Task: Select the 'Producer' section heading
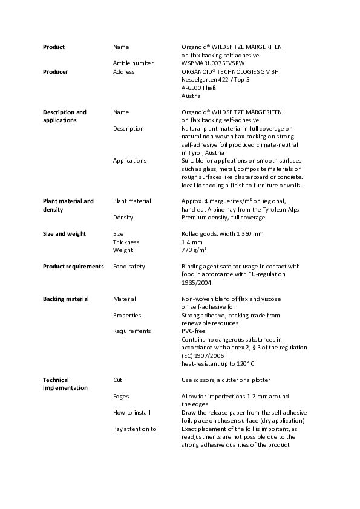point(55,71)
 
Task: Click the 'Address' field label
point(123,71)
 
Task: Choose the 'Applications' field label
point(129,161)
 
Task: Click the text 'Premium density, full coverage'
point(223,218)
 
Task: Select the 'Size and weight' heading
point(64,234)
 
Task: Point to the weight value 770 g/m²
point(194,250)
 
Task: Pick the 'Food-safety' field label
point(129,266)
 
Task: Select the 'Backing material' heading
point(66,299)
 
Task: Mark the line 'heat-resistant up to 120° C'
point(218,364)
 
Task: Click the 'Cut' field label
point(117,380)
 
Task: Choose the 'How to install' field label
point(132,412)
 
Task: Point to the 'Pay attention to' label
point(134,429)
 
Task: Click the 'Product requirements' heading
point(73,266)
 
